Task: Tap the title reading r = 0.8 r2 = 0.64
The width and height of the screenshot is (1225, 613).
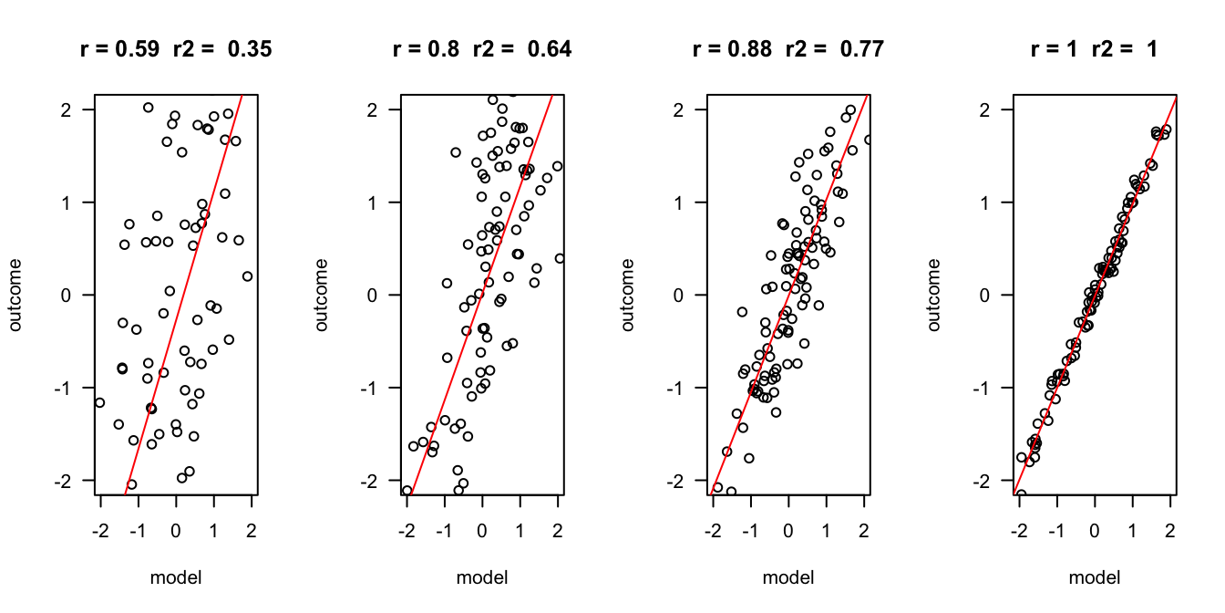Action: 482,49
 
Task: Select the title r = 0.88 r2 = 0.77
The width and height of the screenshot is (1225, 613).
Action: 788,49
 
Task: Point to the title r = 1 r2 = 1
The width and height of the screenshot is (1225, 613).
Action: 1095,49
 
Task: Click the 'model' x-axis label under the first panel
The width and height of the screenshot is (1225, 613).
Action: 176,577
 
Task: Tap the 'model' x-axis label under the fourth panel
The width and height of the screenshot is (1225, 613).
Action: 1095,577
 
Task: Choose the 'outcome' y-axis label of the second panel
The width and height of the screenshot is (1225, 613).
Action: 323,295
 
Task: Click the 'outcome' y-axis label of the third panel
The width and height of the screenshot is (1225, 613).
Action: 629,295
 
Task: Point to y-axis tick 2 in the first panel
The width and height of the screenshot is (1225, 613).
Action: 75,109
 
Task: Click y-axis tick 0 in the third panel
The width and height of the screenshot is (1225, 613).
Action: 687,295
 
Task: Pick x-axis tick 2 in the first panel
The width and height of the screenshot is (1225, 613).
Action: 252,527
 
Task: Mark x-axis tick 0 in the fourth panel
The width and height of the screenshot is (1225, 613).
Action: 1095,527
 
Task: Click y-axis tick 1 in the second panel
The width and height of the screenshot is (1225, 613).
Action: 381,203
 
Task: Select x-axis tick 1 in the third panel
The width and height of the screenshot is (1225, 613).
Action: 826,527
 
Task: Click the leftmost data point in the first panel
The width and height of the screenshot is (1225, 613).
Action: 100,402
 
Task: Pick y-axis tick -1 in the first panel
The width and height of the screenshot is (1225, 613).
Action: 73,388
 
